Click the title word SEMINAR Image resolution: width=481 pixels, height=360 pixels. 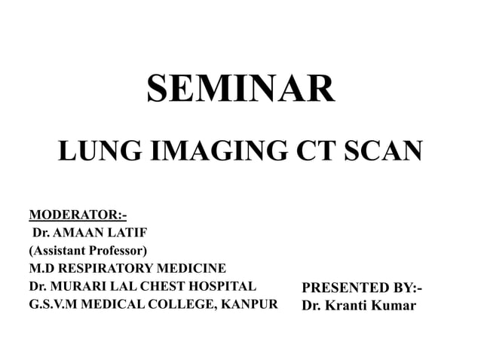pos(240,90)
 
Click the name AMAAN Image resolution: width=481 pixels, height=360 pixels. pos(77,232)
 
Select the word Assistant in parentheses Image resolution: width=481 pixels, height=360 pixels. pos(62,250)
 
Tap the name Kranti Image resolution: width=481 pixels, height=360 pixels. pos(346,307)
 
